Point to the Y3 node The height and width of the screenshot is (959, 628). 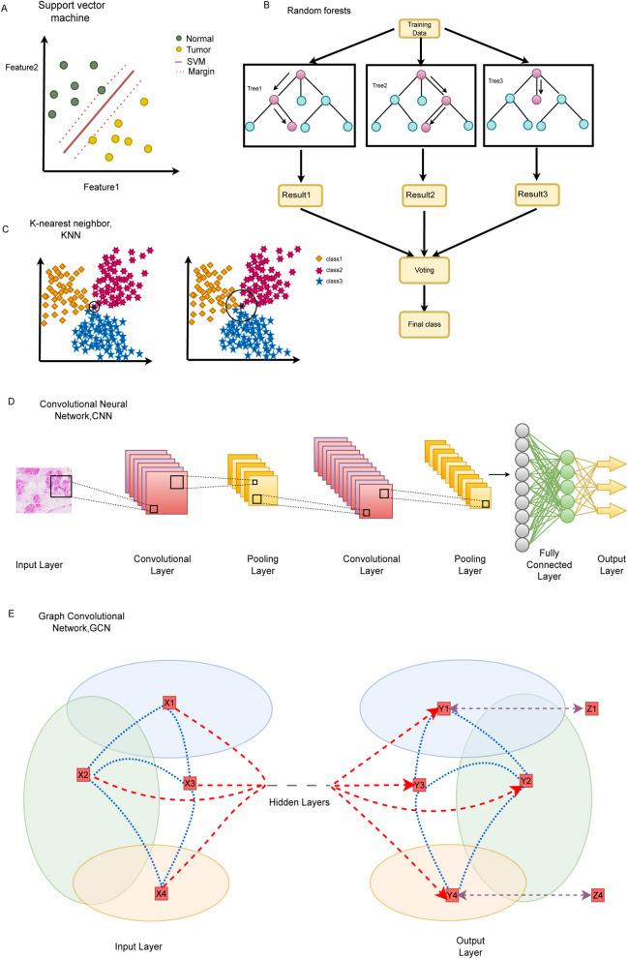pyautogui.click(x=420, y=785)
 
